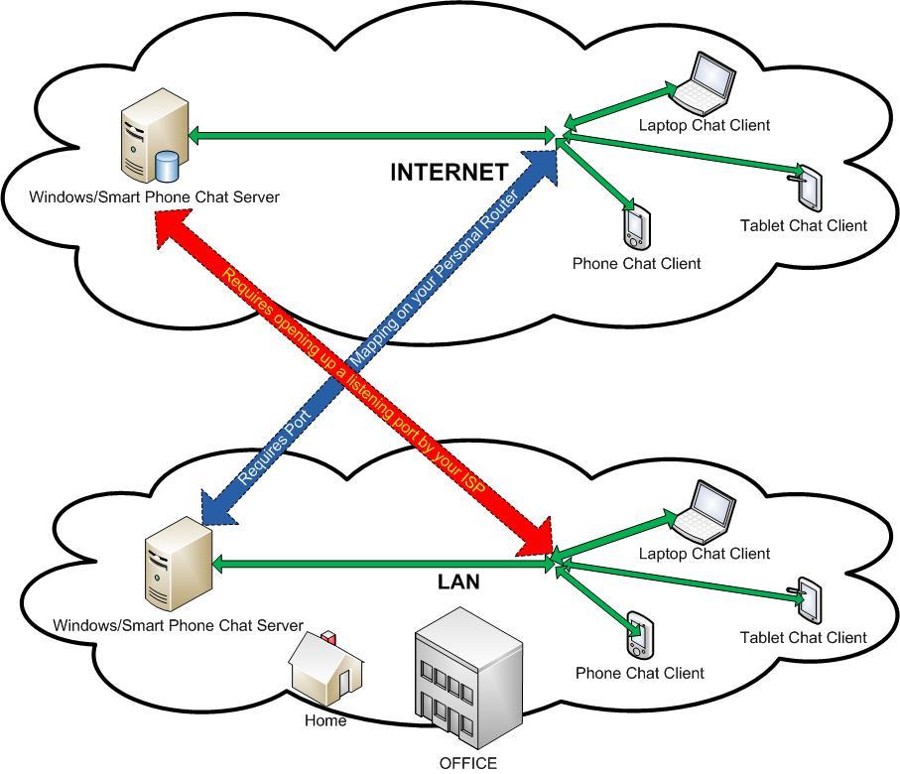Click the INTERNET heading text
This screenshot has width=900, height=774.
pyautogui.click(x=449, y=172)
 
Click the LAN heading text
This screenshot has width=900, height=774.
pyautogui.click(x=458, y=582)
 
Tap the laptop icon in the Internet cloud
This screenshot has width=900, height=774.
pyautogui.click(x=704, y=82)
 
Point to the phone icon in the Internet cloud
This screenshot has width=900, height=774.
pyautogui.click(x=636, y=227)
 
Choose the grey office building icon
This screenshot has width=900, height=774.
pyautogui.click(x=467, y=685)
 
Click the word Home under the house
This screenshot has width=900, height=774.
pyautogui.click(x=325, y=721)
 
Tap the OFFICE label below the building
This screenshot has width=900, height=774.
pyautogui.click(x=468, y=763)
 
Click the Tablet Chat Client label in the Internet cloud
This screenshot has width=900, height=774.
pyautogui.click(x=803, y=226)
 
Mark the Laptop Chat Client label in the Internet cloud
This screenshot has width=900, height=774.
pyautogui.click(x=704, y=125)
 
